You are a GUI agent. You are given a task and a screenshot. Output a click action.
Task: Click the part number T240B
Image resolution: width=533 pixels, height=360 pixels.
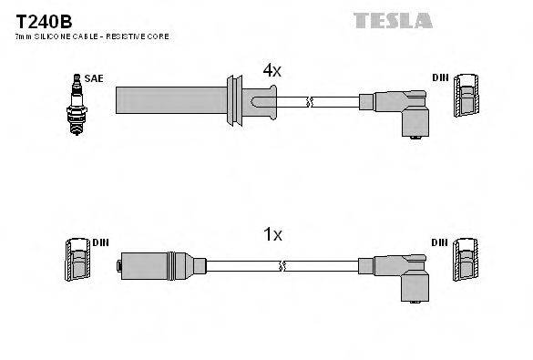[x=43, y=19]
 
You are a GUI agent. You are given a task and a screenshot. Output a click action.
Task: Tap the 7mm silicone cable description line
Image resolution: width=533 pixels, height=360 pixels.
[x=92, y=36]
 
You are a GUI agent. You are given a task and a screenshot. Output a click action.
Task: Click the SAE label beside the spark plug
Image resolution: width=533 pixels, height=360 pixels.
[x=93, y=79]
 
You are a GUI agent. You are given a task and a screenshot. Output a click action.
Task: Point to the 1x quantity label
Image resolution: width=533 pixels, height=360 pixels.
[x=272, y=234]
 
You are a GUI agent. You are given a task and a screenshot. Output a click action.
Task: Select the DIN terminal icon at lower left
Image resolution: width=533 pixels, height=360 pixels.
[x=76, y=262]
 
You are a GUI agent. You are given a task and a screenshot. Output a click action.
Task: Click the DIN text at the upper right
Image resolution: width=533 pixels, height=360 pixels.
[x=438, y=79]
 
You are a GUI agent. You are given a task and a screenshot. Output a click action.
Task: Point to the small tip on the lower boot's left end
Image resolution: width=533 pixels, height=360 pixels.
[x=119, y=266]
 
